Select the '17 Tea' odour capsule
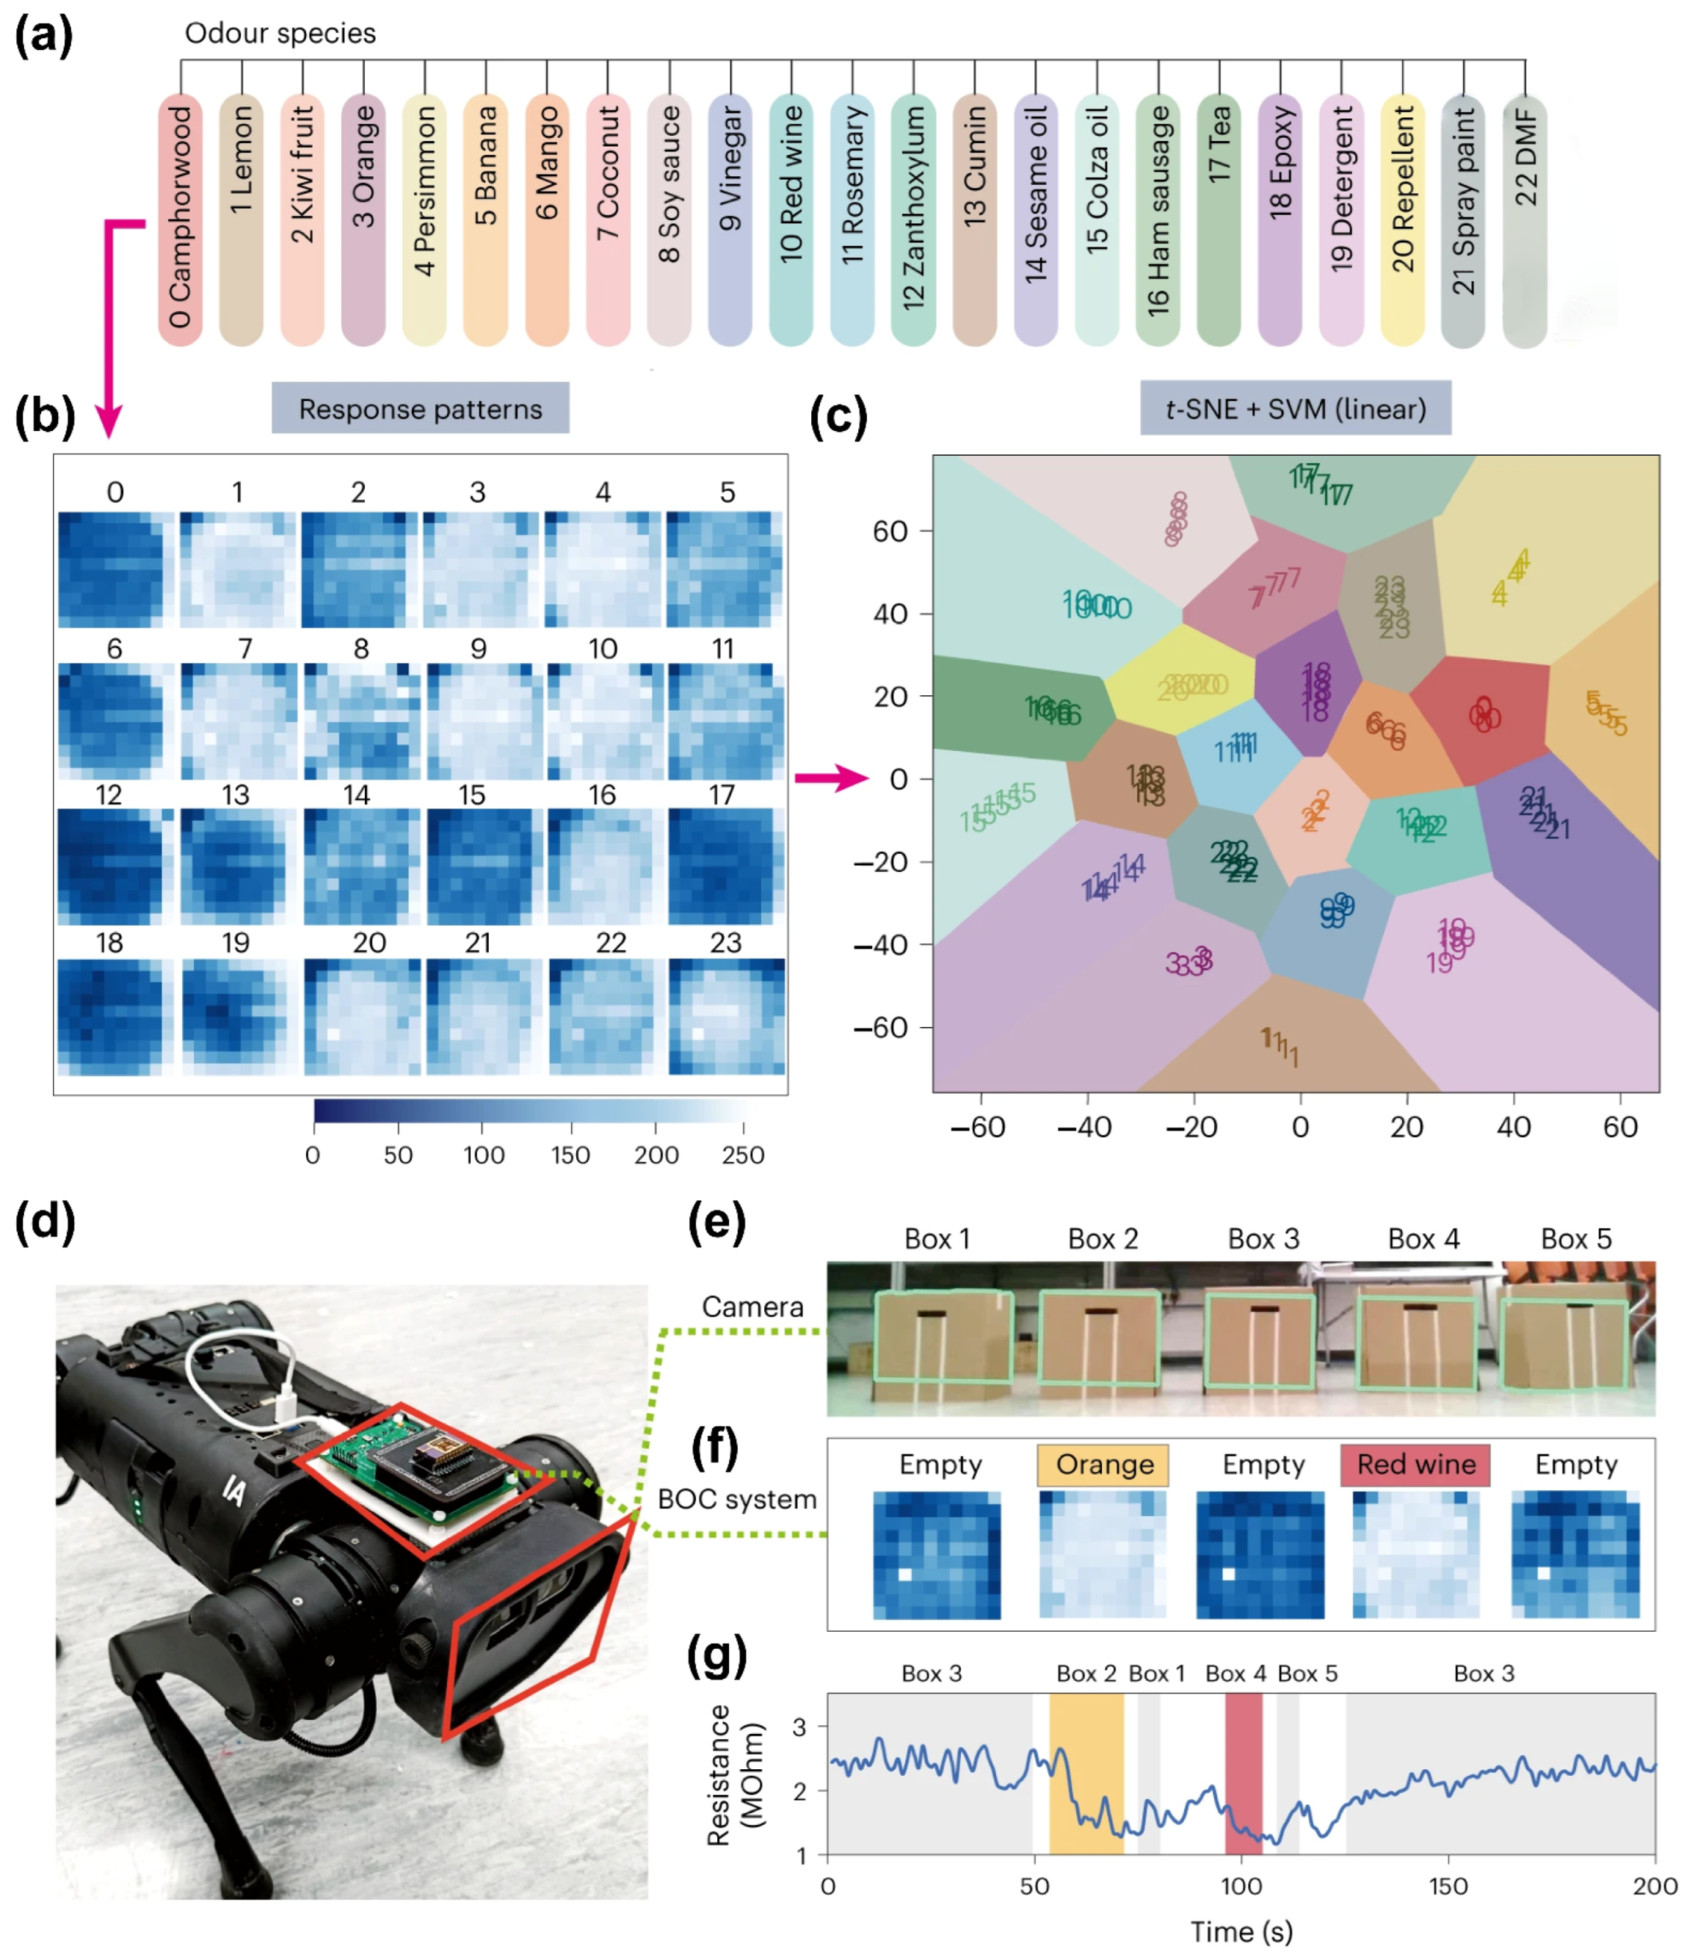point(1218,219)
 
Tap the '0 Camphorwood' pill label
point(180,219)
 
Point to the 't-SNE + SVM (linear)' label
point(1294,409)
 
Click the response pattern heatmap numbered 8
point(361,721)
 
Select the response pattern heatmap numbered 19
point(233,1017)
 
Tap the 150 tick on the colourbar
point(570,1154)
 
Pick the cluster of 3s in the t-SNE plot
point(1188,962)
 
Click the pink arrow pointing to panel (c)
point(831,779)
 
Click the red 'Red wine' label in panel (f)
point(1415,1464)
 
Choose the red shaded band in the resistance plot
point(1243,1773)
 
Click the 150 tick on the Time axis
point(1448,1886)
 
